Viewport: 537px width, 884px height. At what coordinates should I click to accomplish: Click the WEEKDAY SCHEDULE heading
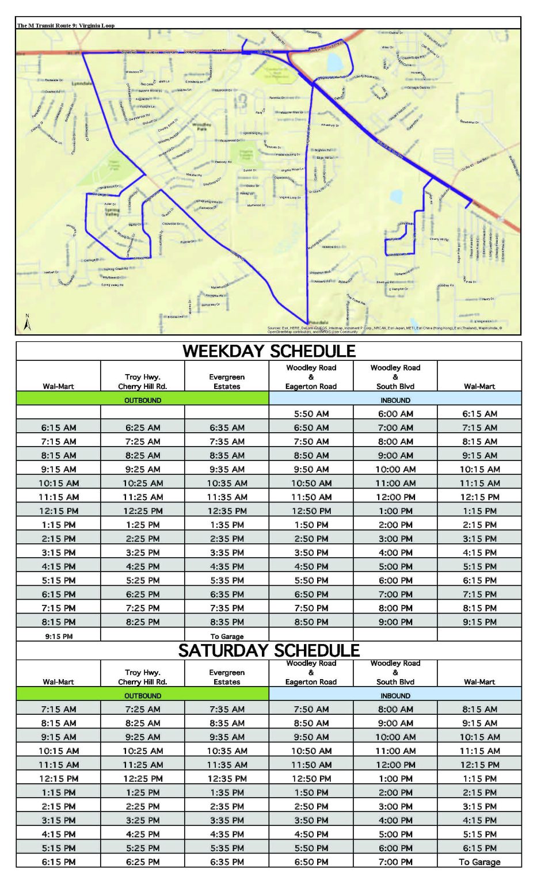point(269,351)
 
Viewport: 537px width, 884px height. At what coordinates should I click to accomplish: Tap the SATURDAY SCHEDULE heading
point(269,650)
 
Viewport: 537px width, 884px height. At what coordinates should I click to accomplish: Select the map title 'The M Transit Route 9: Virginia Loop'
point(66,25)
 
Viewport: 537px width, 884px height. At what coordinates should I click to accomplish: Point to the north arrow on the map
point(27,323)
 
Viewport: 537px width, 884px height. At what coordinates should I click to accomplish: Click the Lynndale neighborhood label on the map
point(81,83)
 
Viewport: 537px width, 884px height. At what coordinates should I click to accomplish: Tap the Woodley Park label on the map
point(201,126)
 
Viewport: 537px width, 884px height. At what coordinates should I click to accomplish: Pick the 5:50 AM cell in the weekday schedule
point(311,414)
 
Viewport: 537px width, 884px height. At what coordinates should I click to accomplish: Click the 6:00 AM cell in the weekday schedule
point(395,414)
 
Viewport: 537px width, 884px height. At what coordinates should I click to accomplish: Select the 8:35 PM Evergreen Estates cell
point(227,622)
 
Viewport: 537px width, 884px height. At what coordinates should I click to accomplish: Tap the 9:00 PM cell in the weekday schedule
point(395,622)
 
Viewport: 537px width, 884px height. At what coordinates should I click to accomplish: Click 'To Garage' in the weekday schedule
point(227,637)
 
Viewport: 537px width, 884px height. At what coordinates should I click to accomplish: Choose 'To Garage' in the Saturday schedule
point(479,862)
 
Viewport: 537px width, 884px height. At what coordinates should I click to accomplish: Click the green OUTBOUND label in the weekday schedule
point(143,400)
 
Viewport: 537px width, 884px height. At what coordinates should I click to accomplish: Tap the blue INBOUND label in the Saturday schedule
point(395,696)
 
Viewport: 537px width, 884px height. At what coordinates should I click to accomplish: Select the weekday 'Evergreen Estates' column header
point(227,382)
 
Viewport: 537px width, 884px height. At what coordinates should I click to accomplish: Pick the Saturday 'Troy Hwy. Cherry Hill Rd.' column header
point(143,677)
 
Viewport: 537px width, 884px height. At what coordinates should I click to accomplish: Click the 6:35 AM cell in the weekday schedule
point(227,428)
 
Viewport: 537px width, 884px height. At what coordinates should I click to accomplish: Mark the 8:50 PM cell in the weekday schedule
point(311,622)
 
